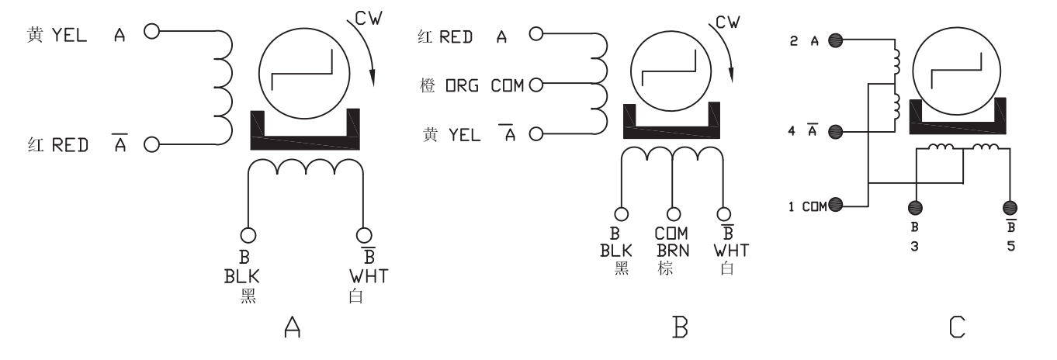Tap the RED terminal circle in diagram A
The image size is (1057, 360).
coord(151,144)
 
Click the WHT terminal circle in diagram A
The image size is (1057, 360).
coord(362,234)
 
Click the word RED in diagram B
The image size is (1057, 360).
coord(455,38)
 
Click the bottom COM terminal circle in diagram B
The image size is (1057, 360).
coord(673,213)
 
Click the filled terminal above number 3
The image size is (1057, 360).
coord(915,207)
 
